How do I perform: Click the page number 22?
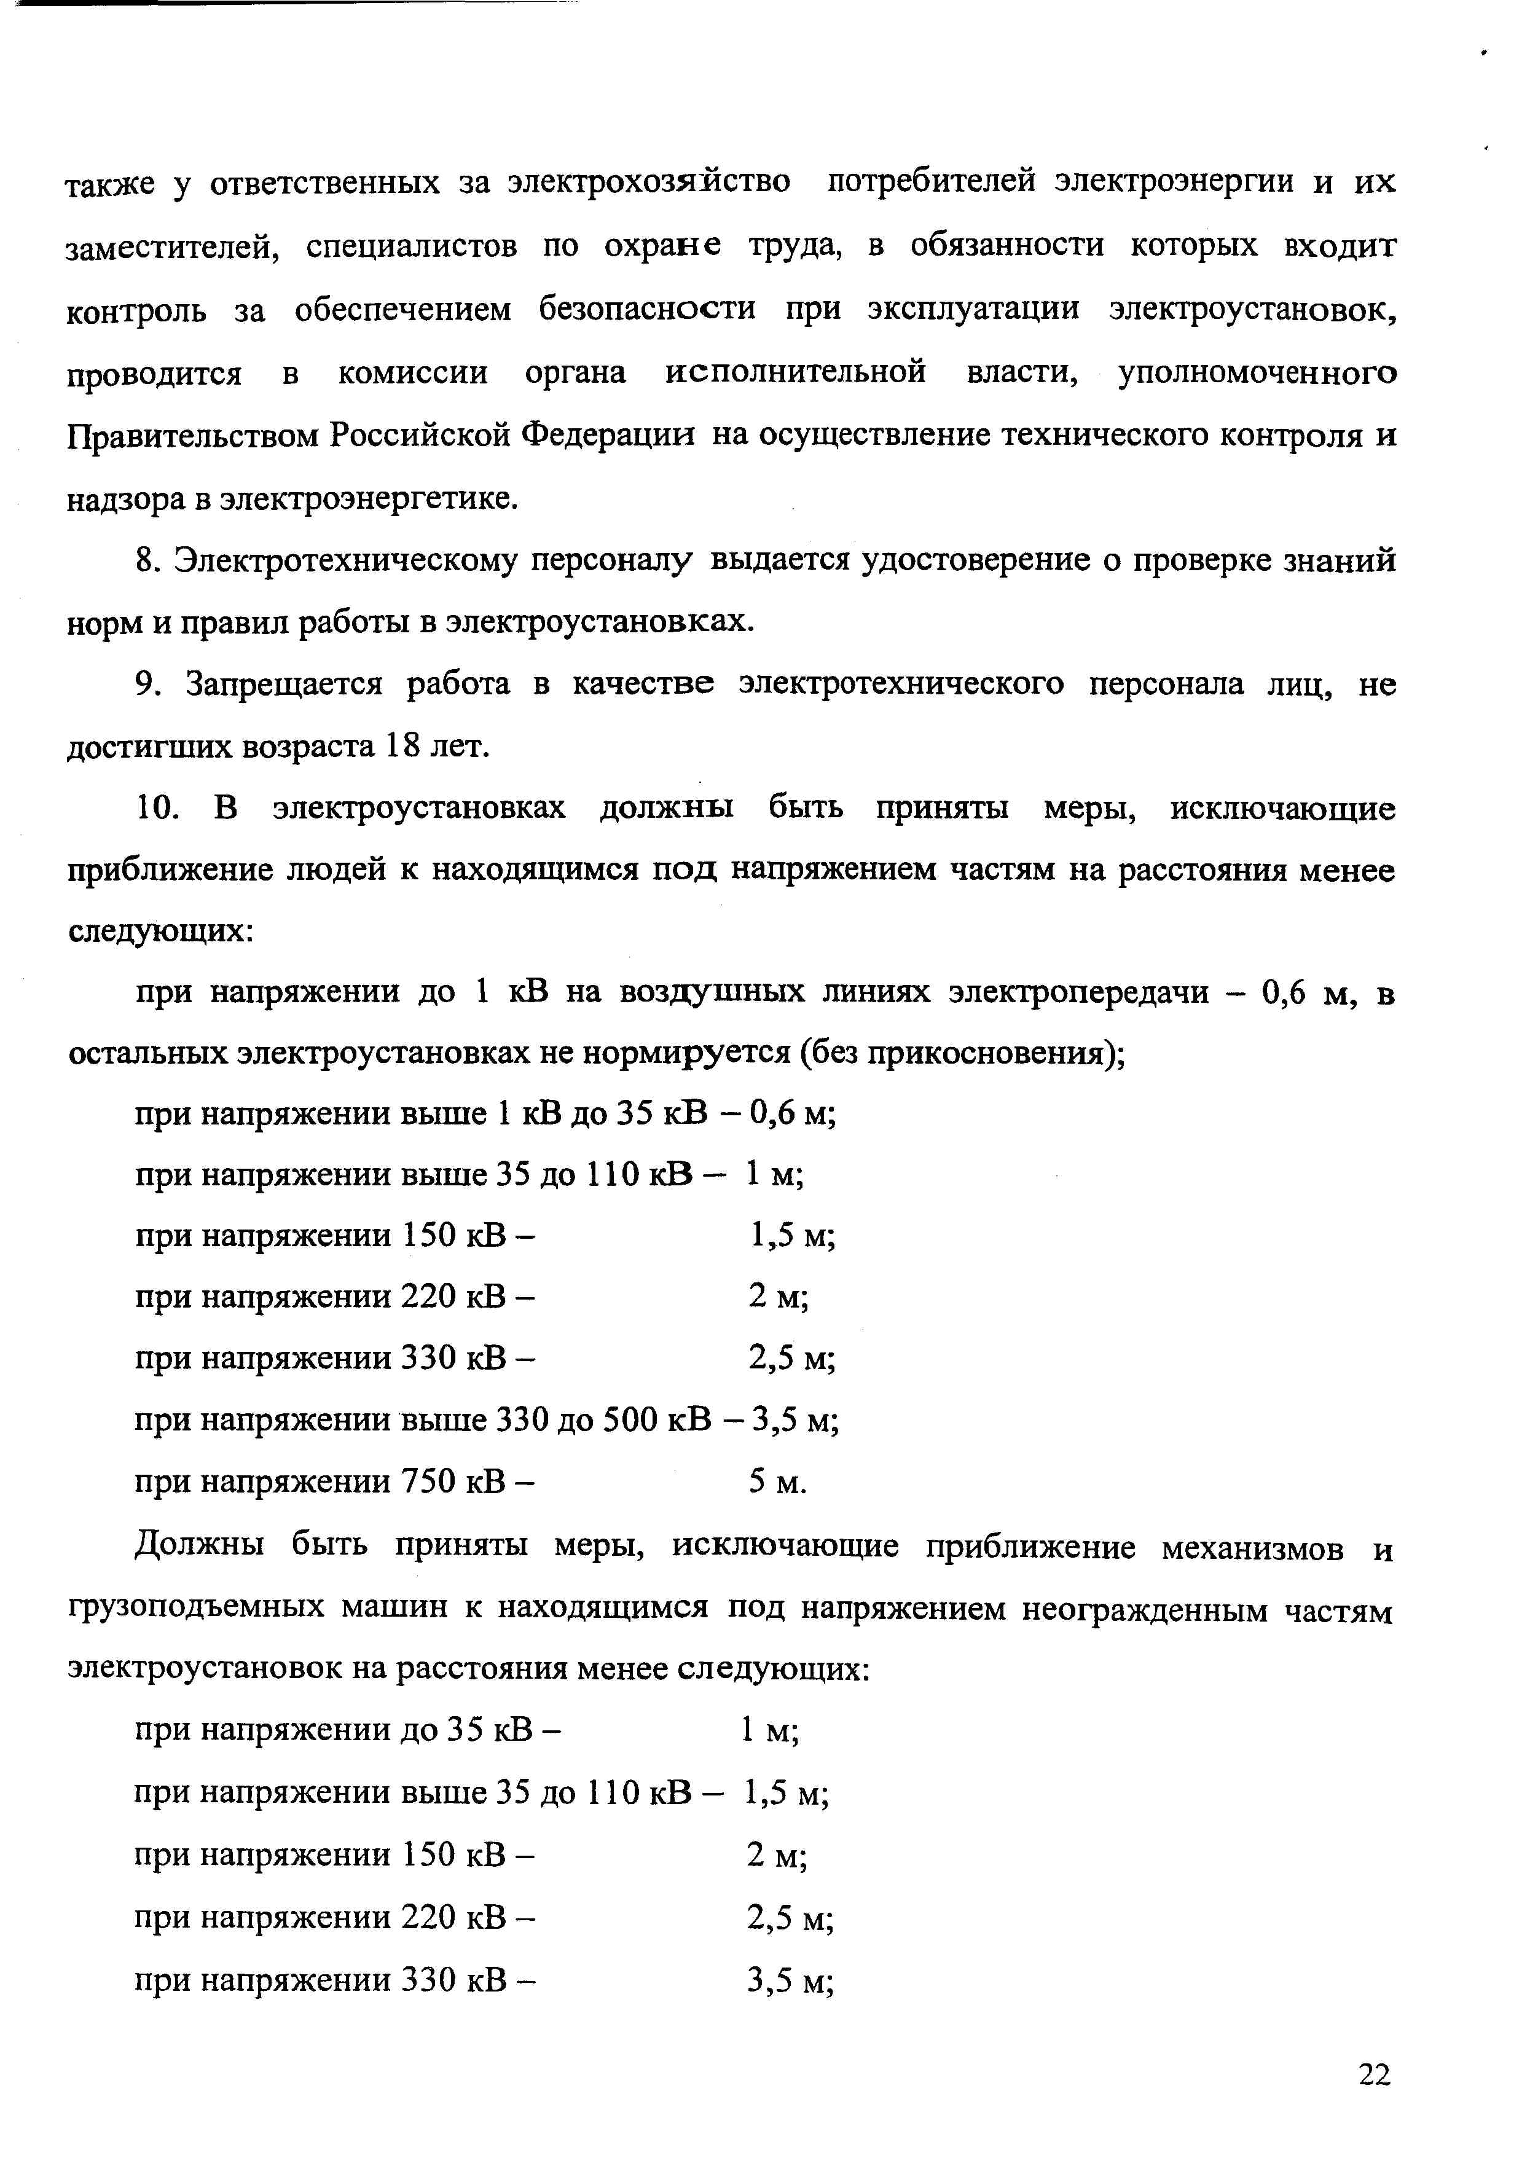pos(1374,2074)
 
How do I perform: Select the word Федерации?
pos(607,436)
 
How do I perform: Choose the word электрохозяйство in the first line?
pos(649,182)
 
